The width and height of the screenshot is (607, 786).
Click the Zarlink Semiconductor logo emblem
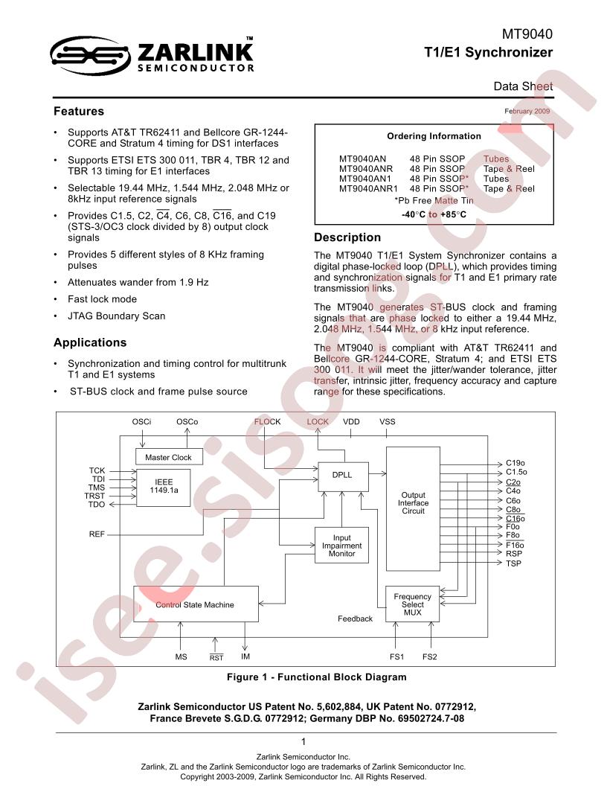(x=91, y=56)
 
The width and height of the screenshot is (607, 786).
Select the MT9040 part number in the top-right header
(x=527, y=34)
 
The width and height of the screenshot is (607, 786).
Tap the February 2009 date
(x=527, y=112)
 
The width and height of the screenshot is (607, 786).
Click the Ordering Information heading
(x=434, y=136)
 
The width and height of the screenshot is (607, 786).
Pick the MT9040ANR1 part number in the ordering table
(x=368, y=188)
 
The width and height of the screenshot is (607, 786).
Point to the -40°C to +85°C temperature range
(x=434, y=214)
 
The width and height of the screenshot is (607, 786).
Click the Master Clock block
(x=170, y=457)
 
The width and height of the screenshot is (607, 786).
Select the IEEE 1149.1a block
(x=164, y=488)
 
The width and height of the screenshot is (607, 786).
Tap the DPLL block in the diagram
(x=343, y=476)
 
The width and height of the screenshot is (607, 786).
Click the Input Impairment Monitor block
(x=341, y=546)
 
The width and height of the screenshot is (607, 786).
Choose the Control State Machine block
(x=196, y=604)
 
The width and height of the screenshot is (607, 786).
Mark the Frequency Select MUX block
(x=413, y=604)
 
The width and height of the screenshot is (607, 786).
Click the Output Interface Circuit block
(x=413, y=509)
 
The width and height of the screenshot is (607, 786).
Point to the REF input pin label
(x=97, y=534)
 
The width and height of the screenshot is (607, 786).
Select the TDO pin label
(x=97, y=505)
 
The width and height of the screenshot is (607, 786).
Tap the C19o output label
(x=516, y=463)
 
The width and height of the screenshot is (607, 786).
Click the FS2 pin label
(x=430, y=656)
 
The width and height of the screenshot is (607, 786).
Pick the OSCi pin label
(x=142, y=421)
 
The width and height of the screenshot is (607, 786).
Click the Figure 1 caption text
(x=317, y=677)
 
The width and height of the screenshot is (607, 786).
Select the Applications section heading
(x=90, y=342)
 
